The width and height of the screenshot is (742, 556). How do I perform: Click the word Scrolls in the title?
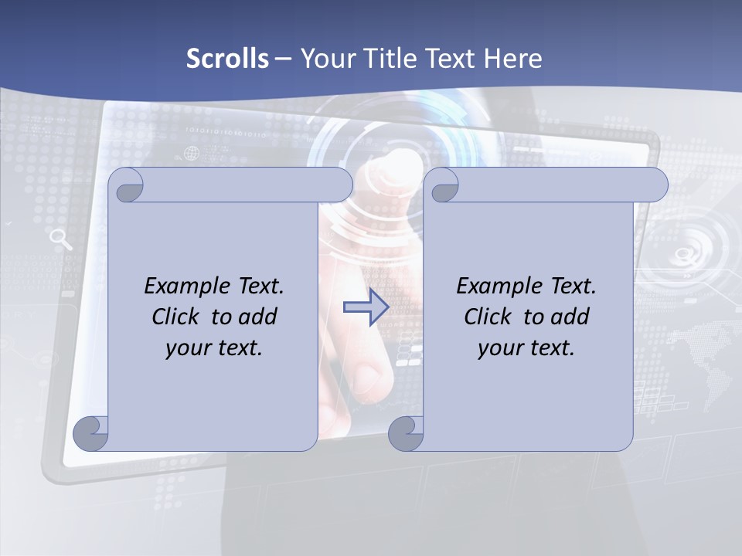pyautogui.click(x=227, y=58)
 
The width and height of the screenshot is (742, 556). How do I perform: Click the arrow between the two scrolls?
pyautogui.click(x=366, y=307)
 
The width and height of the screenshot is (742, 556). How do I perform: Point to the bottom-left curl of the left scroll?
pyautogui.click(x=91, y=432)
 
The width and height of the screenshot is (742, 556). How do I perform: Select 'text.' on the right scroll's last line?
pyautogui.click(x=553, y=347)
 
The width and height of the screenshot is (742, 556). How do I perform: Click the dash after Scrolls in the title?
pyautogui.click(x=283, y=58)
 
